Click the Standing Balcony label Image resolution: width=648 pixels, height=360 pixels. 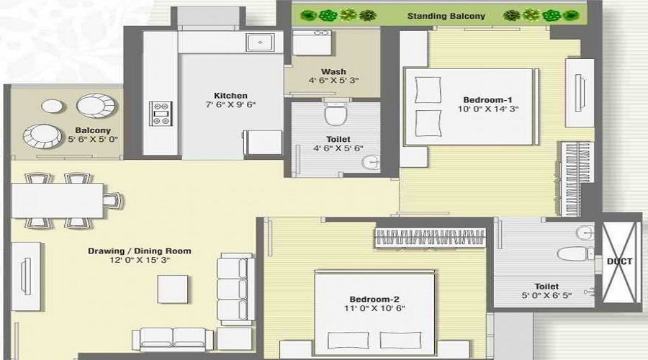[x=446, y=16]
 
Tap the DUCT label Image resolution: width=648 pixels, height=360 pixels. [x=619, y=261]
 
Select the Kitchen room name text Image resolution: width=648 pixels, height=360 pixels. [x=230, y=95]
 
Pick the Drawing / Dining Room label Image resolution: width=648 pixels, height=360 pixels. [x=140, y=251]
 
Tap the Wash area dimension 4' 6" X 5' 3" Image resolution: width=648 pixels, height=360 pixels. [x=333, y=81]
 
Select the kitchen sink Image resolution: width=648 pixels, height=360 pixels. [x=258, y=42]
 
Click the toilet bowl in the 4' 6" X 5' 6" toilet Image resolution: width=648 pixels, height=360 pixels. [x=335, y=114]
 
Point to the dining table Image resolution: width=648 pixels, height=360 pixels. [x=58, y=200]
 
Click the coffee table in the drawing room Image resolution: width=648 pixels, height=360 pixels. [x=173, y=288]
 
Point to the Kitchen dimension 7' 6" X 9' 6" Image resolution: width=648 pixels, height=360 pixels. [x=230, y=105]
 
